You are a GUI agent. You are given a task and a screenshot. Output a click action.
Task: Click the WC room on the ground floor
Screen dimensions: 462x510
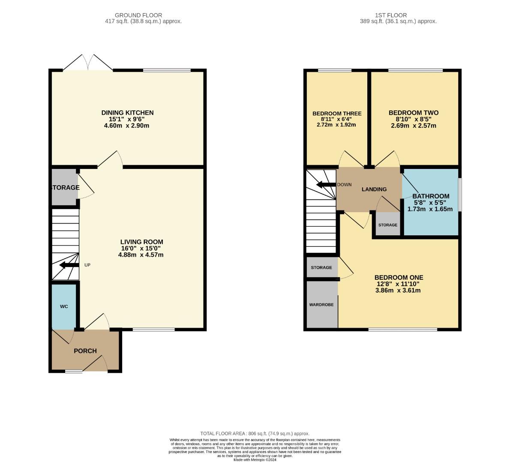(64, 306)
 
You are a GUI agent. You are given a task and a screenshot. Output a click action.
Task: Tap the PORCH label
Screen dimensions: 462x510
(85, 351)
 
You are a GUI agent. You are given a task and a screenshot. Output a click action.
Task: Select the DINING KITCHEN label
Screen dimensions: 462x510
(127, 113)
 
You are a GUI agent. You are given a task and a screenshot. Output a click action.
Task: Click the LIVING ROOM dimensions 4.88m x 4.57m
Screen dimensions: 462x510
(141, 255)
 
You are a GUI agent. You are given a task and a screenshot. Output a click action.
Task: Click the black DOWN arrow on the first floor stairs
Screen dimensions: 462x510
(325, 185)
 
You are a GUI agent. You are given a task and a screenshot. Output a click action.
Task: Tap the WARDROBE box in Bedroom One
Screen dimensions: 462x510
(321, 305)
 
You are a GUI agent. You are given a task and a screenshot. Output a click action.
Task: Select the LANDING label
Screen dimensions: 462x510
(374, 189)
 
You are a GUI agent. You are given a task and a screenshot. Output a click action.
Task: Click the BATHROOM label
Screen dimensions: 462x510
(431, 196)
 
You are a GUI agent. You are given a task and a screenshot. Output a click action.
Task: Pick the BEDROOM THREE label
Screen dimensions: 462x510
(337, 114)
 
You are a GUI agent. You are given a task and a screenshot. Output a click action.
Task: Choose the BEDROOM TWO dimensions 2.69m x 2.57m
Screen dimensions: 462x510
(414, 126)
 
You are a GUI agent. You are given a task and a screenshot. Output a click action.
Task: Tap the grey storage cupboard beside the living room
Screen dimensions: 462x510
(64, 188)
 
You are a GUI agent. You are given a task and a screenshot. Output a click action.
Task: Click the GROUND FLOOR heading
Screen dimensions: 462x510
(132, 15)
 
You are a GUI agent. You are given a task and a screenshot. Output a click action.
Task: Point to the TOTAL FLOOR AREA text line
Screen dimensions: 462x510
(255, 433)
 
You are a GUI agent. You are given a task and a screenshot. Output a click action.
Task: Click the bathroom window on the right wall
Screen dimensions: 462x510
(460, 195)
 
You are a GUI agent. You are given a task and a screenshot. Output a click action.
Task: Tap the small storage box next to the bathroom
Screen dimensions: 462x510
(387, 225)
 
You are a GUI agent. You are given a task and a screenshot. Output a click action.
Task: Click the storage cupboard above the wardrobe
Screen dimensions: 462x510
(321, 267)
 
